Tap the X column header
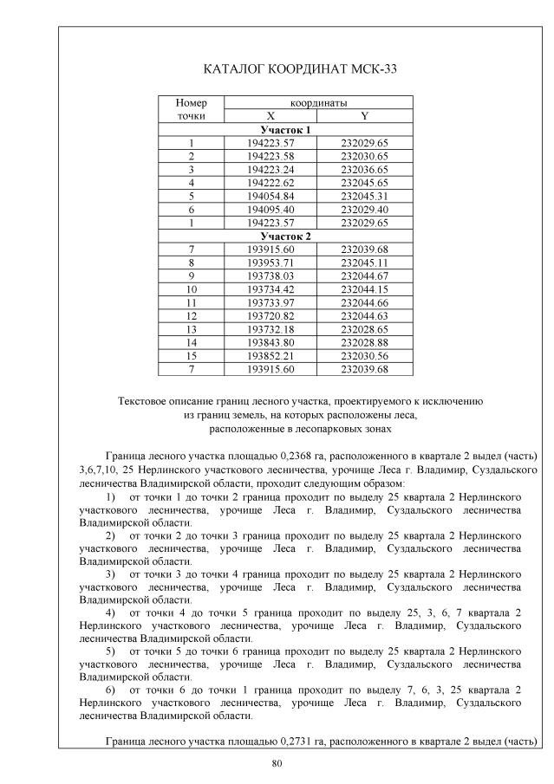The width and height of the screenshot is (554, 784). pyautogui.click(x=270, y=116)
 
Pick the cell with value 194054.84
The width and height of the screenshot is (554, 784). pyautogui.click(x=270, y=196)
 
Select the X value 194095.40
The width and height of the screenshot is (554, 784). pyautogui.click(x=270, y=209)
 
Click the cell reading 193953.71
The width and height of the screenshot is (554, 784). pyautogui.click(x=270, y=262)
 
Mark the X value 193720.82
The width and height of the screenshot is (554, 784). pyautogui.click(x=270, y=316)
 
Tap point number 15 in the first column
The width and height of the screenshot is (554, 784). pyautogui.click(x=191, y=356)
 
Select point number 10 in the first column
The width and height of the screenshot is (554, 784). pyautogui.click(x=191, y=289)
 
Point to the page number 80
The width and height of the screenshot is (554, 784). pyautogui.click(x=277, y=763)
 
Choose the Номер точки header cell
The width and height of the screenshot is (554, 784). pyautogui.click(x=191, y=109)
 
